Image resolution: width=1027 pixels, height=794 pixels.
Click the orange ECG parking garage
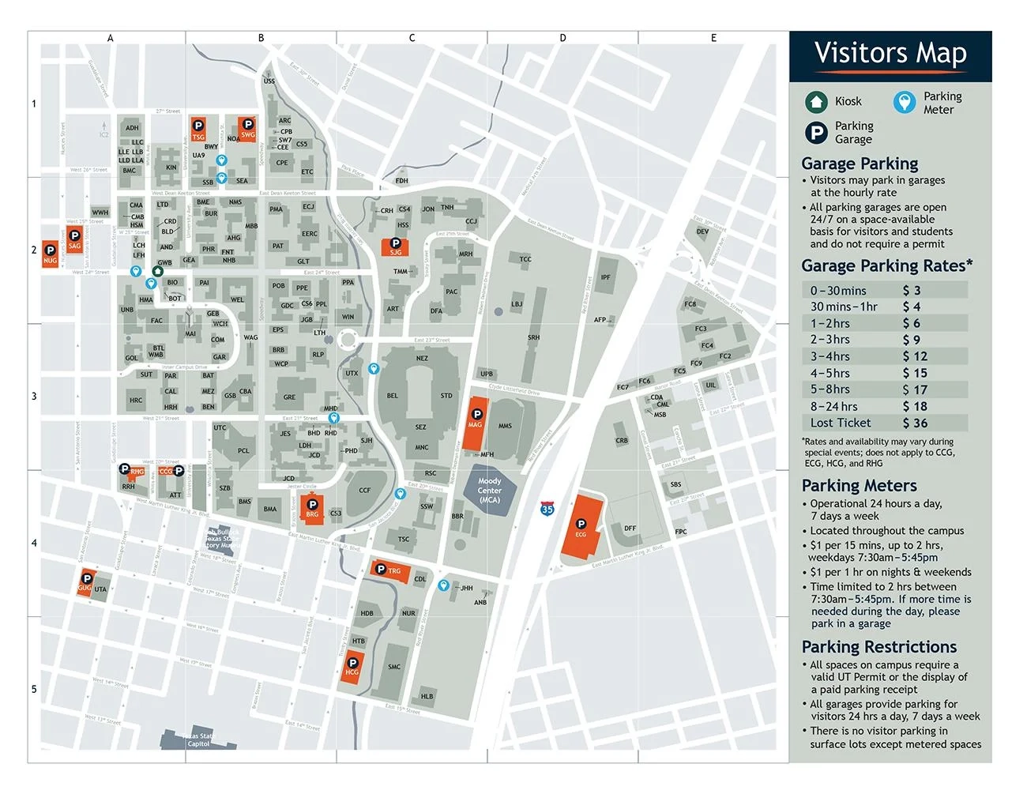click(x=582, y=528)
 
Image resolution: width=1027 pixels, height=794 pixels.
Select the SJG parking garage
click(x=395, y=246)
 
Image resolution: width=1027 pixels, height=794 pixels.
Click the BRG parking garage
click(x=312, y=508)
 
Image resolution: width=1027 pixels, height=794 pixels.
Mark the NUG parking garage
click(x=50, y=255)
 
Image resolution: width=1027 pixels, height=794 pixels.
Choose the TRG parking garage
click(x=390, y=570)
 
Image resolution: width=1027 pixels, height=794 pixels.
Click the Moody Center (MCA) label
click(x=489, y=490)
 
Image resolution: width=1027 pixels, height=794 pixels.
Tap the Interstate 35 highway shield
click(x=547, y=509)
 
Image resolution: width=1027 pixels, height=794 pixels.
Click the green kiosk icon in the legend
click(x=816, y=101)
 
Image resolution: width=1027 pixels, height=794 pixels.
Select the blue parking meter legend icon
click(x=905, y=102)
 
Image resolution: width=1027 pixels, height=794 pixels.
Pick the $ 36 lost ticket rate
click(x=915, y=423)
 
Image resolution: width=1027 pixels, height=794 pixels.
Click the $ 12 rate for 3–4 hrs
click(x=915, y=356)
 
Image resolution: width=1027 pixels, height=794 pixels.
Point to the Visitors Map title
click(x=890, y=54)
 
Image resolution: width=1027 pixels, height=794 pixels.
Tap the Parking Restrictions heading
click(x=878, y=646)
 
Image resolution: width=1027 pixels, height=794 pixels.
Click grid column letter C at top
click(x=412, y=38)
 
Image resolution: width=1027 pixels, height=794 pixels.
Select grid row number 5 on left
click(x=34, y=689)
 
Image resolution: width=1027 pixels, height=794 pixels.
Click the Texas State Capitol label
click(x=198, y=740)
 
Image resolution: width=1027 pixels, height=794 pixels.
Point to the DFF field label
click(x=630, y=528)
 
